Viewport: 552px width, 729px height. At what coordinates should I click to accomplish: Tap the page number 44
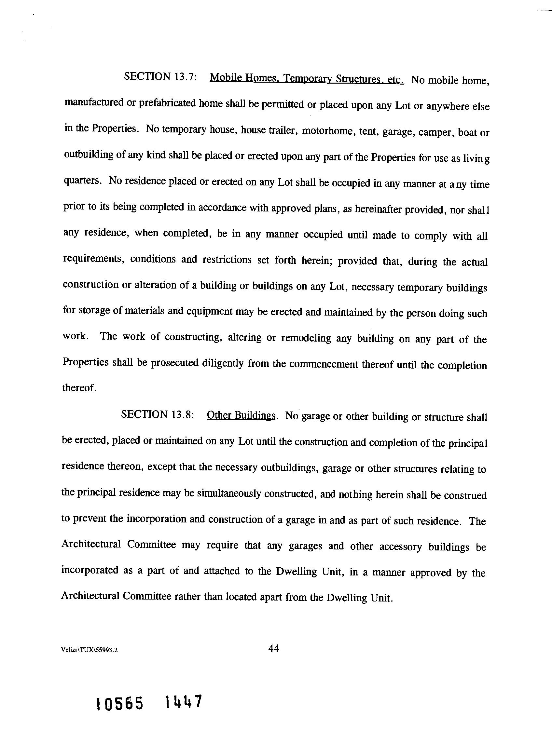[274, 649]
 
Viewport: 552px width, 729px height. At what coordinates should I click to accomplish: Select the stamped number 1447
[183, 701]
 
